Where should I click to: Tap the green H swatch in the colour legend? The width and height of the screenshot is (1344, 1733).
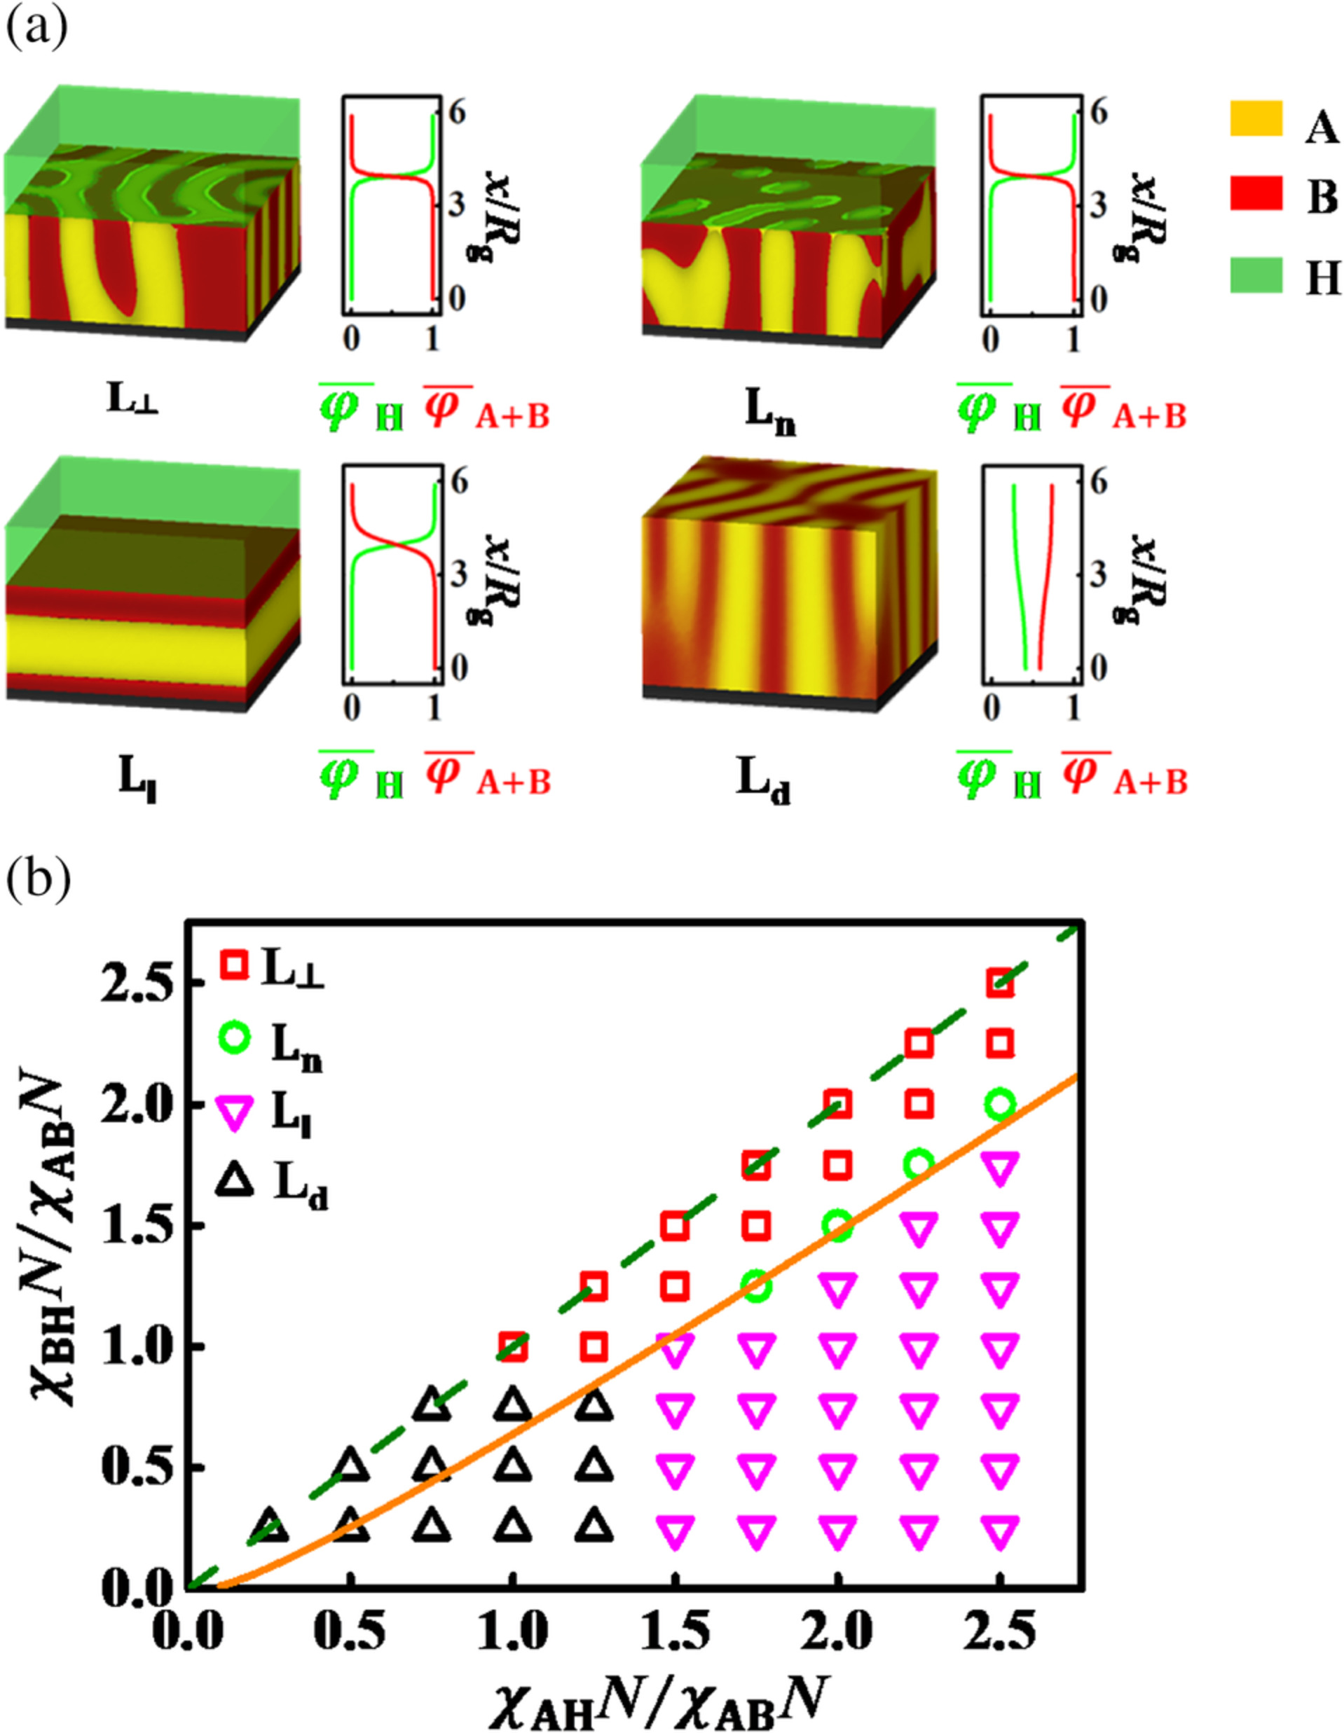[x=1256, y=275]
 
